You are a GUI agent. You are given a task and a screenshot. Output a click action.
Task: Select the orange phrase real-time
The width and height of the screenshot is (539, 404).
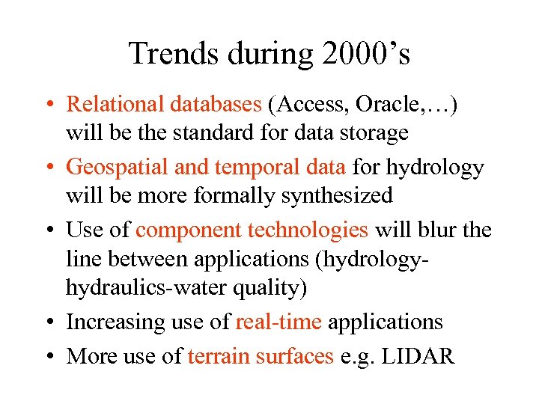278,322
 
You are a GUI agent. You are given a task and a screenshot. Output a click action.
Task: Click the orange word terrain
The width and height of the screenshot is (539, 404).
218,355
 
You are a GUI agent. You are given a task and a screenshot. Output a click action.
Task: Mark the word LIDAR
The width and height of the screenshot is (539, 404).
421,355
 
